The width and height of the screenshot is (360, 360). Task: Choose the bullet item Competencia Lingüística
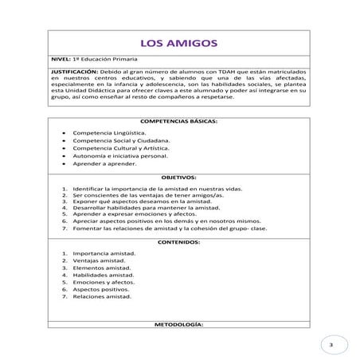[109, 132]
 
